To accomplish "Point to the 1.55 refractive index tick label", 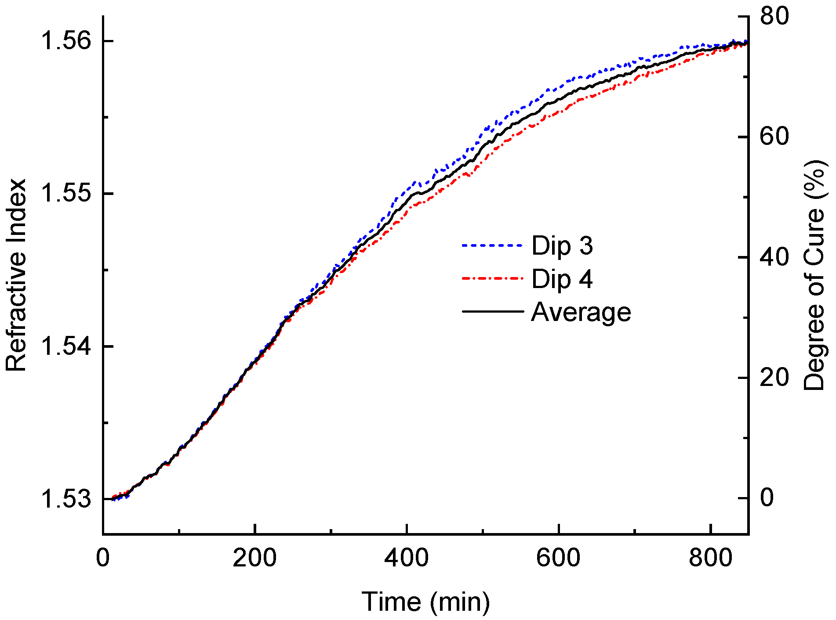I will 66,194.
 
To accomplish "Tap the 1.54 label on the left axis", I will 66,346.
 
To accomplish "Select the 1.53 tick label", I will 66,499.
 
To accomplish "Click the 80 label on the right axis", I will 774,16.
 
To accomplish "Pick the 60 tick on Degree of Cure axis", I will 774,137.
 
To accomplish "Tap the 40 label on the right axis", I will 774,257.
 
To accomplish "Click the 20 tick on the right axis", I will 774,377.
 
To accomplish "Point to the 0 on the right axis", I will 767,497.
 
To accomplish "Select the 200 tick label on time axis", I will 254,559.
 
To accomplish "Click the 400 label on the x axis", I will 407,559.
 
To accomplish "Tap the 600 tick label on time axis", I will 558,559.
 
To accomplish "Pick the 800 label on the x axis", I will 710,559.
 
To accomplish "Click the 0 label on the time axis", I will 103,559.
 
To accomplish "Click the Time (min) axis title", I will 425,602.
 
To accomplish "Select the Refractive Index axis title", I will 16,275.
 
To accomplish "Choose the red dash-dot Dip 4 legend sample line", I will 493,279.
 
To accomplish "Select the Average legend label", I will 581,312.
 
